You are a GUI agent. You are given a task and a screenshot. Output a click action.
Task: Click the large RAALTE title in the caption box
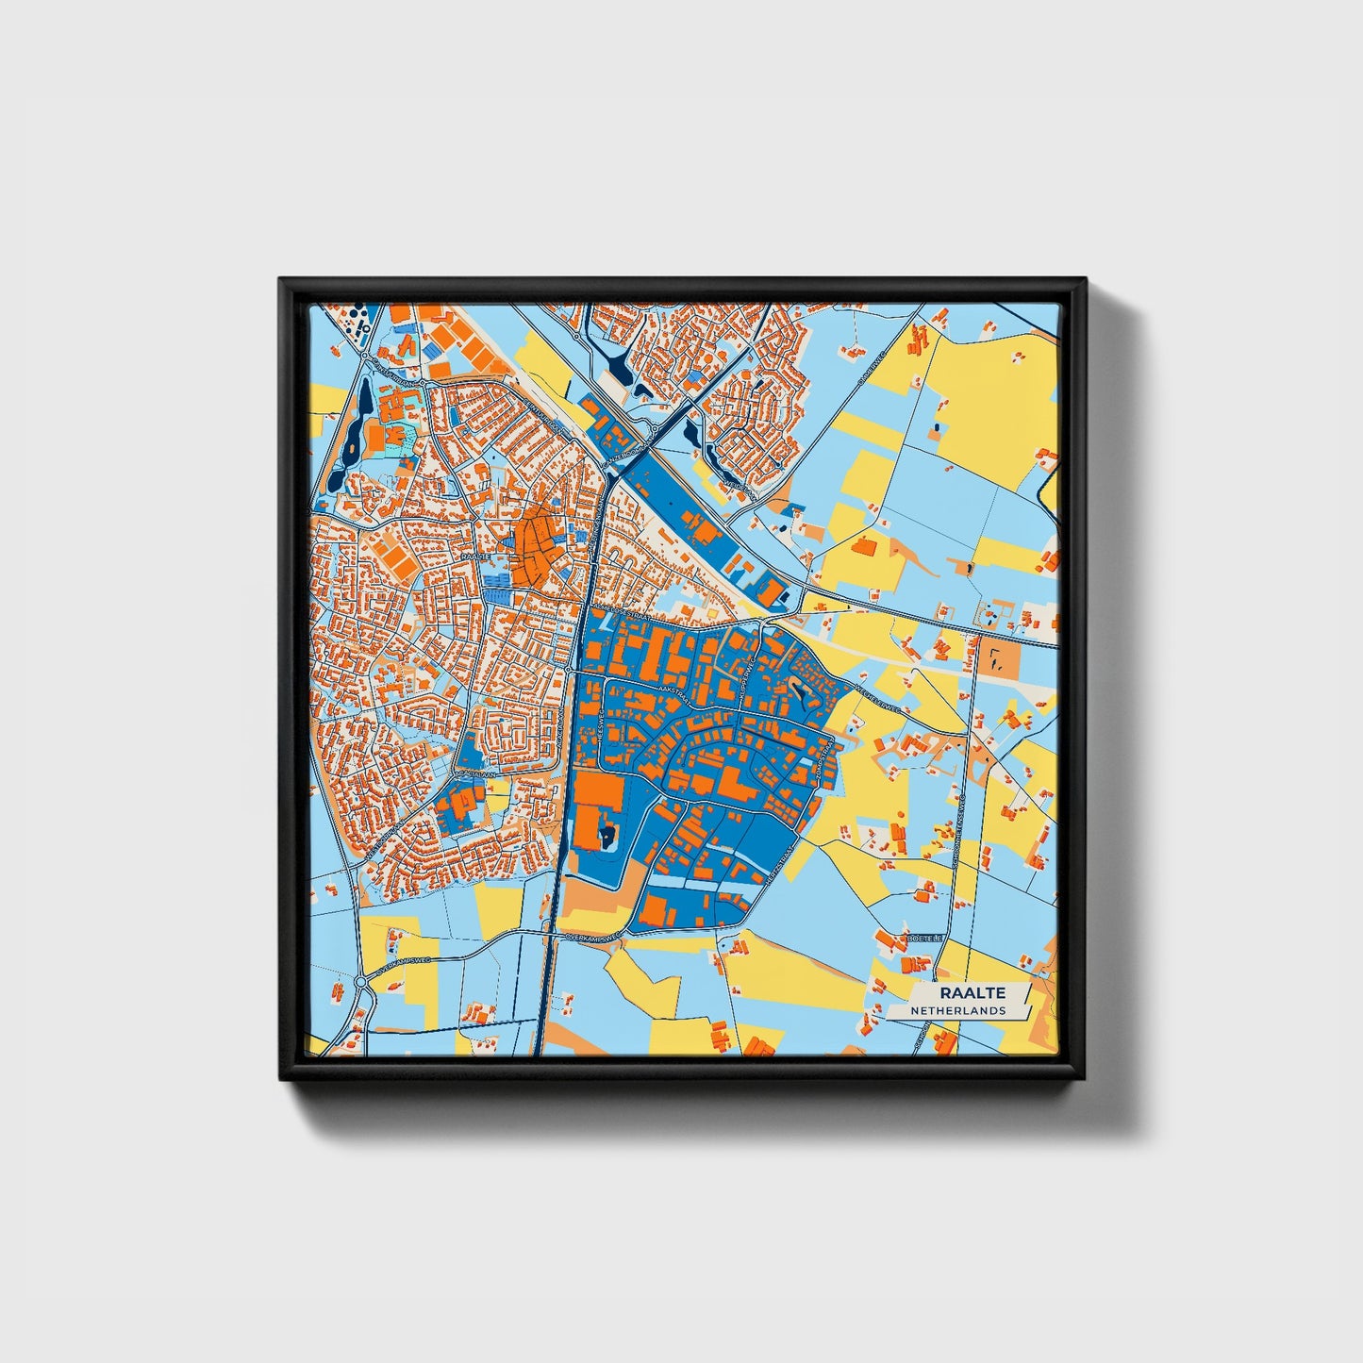tap(972, 992)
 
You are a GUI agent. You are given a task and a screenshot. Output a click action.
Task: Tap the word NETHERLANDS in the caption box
tap(957, 1010)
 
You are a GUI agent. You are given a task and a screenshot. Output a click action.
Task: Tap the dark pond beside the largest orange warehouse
tap(607, 834)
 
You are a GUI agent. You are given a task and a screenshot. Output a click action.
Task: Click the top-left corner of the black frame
tap(281, 280)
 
